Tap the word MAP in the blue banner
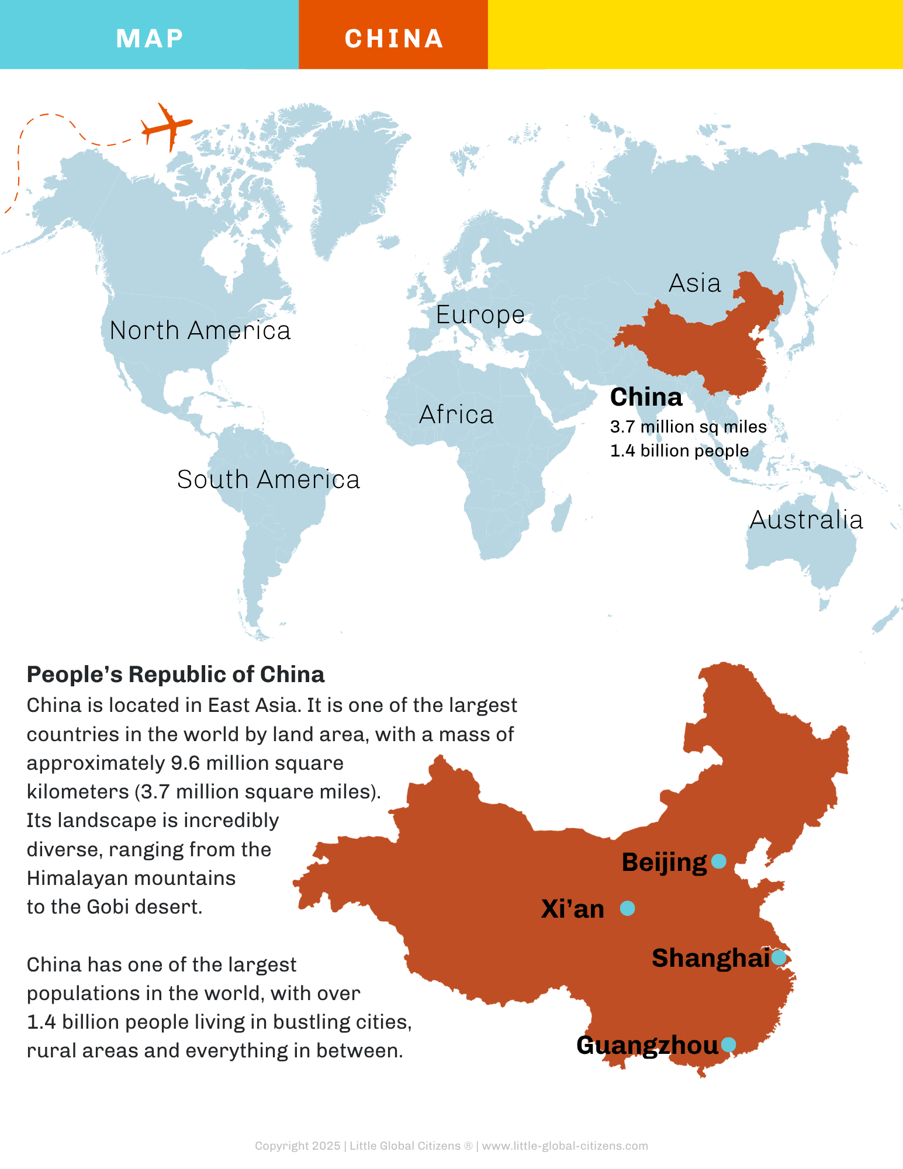coord(150,39)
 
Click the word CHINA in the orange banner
coord(394,39)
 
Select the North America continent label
coord(200,331)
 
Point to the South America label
coord(268,480)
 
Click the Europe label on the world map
coord(480,315)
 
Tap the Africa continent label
coord(456,415)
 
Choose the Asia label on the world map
coord(694,283)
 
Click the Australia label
coord(806,520)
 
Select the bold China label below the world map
coord(646,397)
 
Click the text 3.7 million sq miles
coord(688,427)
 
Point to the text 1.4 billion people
coord(679,451)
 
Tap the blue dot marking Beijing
coord(719,861)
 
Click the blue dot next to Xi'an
coord(627,908)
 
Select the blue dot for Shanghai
coord(779,957)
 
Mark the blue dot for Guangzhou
coord(728,1045)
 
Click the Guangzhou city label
coord(647,1046)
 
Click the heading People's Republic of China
coord(175,675)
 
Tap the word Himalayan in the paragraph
coord(72,878)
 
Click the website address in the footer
coord(565,1146)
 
